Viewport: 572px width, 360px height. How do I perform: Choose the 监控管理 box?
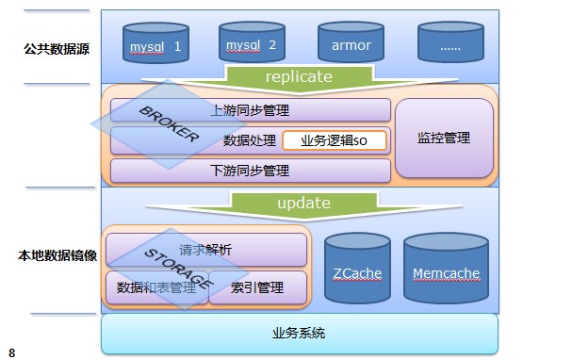coord(444,138)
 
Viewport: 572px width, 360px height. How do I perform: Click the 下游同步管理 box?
coord(251,171)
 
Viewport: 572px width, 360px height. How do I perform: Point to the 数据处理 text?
coord(249,140)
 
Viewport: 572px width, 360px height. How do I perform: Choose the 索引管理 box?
coord(256,287)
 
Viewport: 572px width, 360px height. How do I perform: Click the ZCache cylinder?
coord(356,272)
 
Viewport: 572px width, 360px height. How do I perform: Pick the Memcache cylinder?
coord(446,272)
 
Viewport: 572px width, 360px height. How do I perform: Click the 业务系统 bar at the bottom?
coord(299,334)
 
